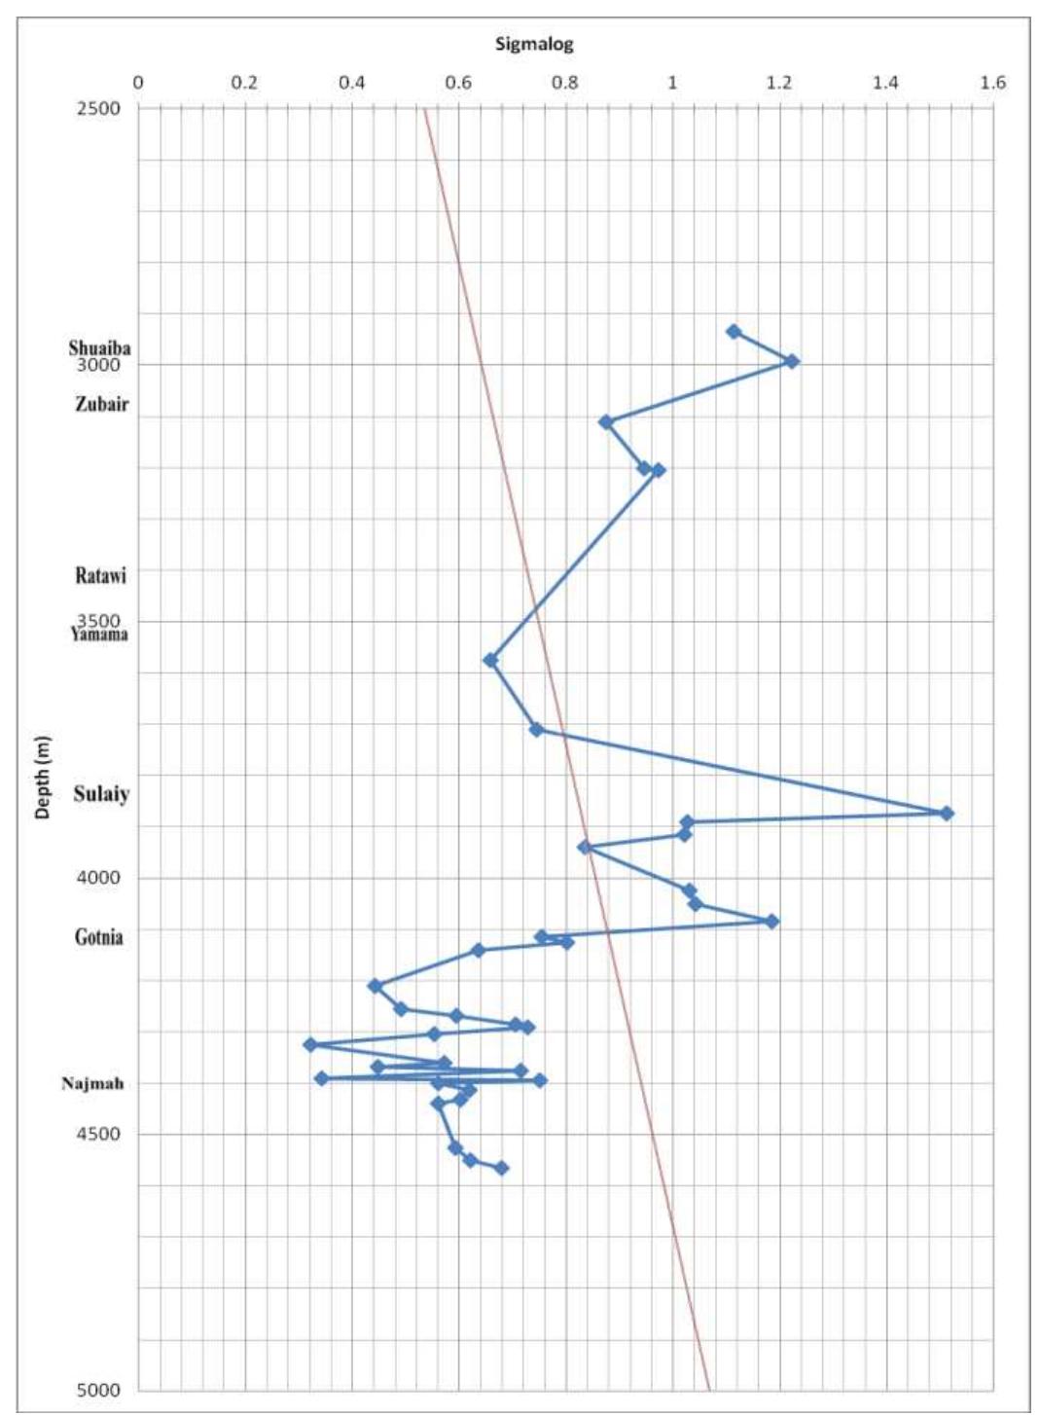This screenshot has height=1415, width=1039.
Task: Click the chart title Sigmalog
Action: (534, 44)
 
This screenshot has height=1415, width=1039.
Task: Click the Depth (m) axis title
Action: (43, 776)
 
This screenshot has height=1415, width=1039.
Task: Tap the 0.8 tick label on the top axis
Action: (564, 83)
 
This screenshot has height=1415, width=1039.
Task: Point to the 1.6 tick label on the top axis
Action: (992, 83)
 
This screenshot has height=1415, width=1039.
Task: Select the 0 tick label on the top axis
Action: (138, 83)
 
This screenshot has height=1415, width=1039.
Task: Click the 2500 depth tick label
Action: (99, 108)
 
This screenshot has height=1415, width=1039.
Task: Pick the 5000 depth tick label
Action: (99, 1390)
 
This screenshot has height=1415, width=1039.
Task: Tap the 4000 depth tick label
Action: (99, 878)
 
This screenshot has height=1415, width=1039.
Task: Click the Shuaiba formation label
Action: (99, 347)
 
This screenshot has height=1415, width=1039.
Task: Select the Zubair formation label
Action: (101, 404)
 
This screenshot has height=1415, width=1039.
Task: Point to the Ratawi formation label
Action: (101, 575)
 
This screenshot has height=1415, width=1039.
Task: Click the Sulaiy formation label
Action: (101, 794)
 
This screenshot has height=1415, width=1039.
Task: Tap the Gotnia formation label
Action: (99, 937)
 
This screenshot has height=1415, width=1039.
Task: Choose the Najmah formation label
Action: (92, 1083)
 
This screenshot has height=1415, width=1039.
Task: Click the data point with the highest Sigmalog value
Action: (947, 813)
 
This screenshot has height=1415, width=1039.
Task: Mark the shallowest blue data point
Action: (734, 332)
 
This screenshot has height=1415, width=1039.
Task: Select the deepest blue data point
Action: (501, 1168)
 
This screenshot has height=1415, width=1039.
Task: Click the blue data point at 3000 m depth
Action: (792, 361)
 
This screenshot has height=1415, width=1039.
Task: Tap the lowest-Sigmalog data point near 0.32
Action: (310, 1044)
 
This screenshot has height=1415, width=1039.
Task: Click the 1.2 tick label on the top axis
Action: (778, 83)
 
